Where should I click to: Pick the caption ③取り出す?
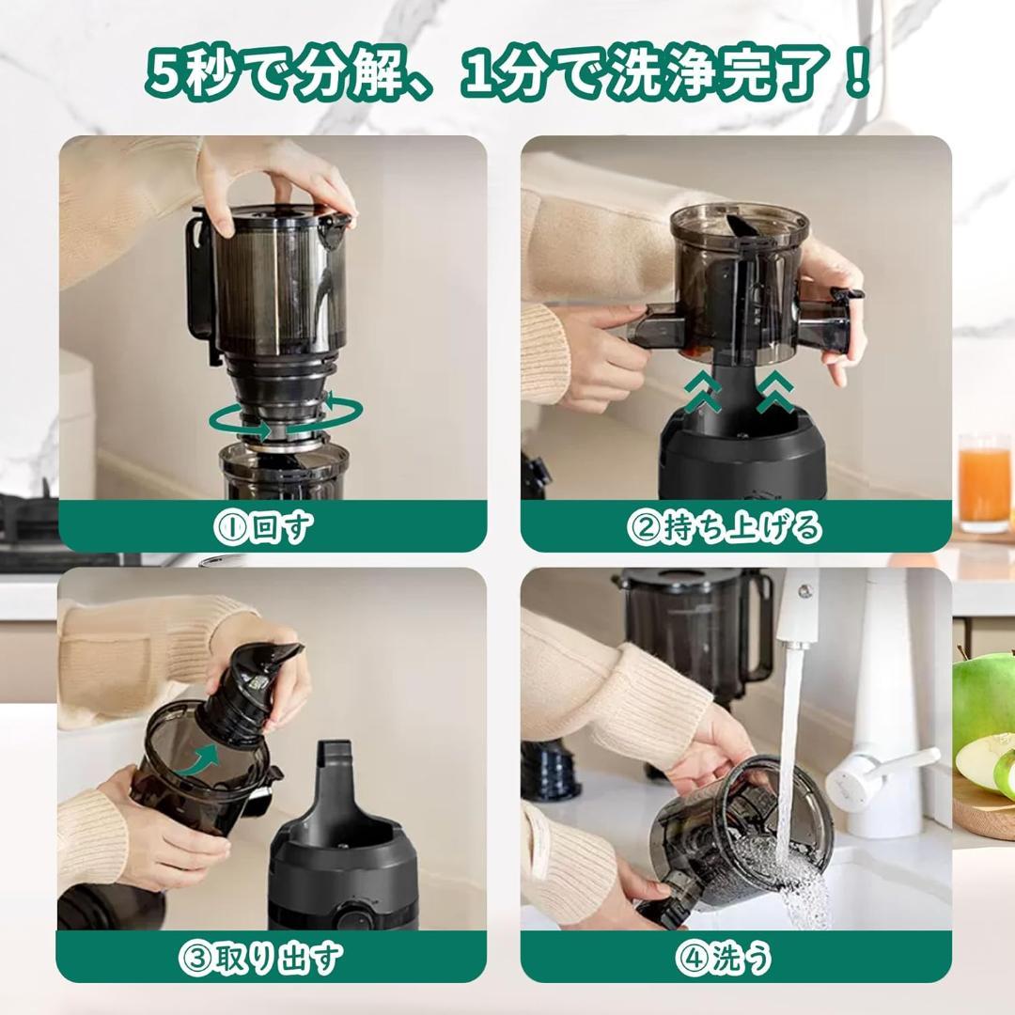260,958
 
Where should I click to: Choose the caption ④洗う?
724,958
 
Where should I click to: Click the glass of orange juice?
984,483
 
